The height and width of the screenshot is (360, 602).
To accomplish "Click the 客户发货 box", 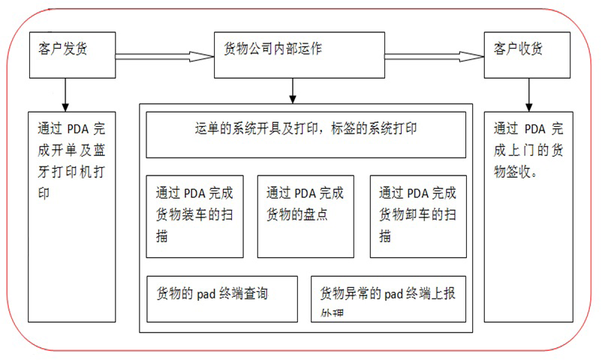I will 71,54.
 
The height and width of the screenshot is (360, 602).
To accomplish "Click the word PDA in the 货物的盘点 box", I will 306,193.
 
